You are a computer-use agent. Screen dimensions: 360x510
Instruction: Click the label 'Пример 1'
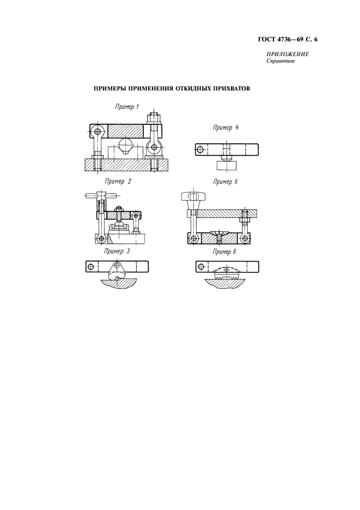pos(127,107)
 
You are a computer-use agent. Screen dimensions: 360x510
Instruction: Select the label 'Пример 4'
pos(225,127)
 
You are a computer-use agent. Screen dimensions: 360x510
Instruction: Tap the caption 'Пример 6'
pos(224,251)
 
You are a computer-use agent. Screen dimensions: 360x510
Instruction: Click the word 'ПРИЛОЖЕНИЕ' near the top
pos(288,54)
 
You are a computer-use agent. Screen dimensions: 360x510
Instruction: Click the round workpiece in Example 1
pos(126,145)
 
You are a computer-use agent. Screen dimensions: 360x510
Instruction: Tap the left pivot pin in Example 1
pos(96,131)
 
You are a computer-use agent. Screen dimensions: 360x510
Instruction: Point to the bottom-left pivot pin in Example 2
pos(101,239)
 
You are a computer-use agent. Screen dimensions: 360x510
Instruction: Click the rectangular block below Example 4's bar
pos(227,165)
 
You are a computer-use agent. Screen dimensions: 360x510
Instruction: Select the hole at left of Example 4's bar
pos(200,150)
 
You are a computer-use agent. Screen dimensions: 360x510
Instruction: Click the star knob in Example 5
pos(193,197)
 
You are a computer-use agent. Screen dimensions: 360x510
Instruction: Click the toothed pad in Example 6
pos(227,275)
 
